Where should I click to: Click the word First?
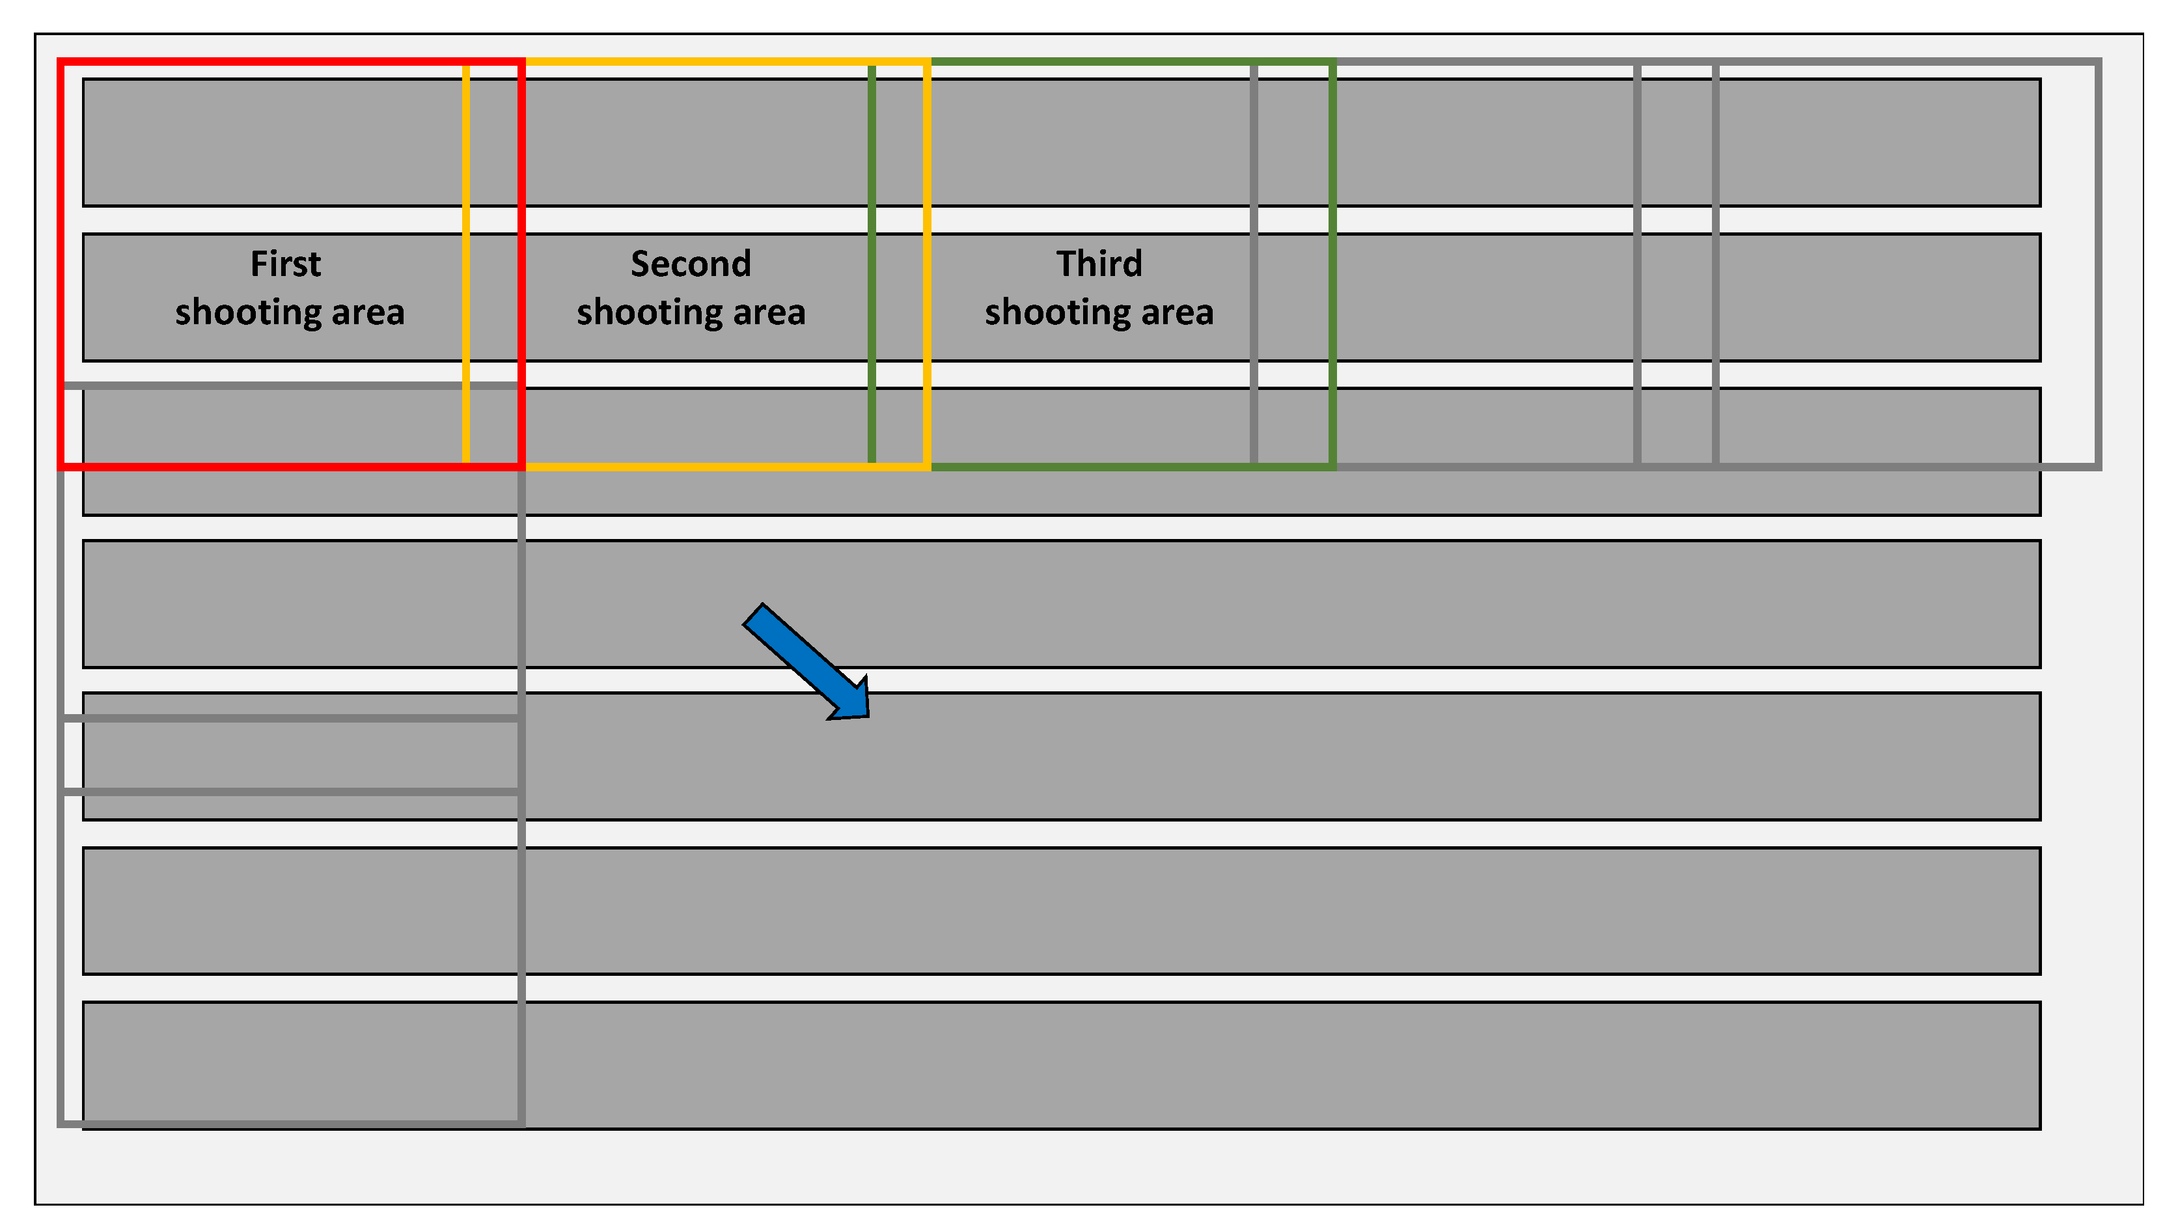285,264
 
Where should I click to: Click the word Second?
690,264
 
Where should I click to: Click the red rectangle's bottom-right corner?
521,466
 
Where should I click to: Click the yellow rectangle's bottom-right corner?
927,466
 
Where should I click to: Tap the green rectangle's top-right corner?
1332,62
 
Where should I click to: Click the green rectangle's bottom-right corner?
1332,466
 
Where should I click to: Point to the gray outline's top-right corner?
2099,62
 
